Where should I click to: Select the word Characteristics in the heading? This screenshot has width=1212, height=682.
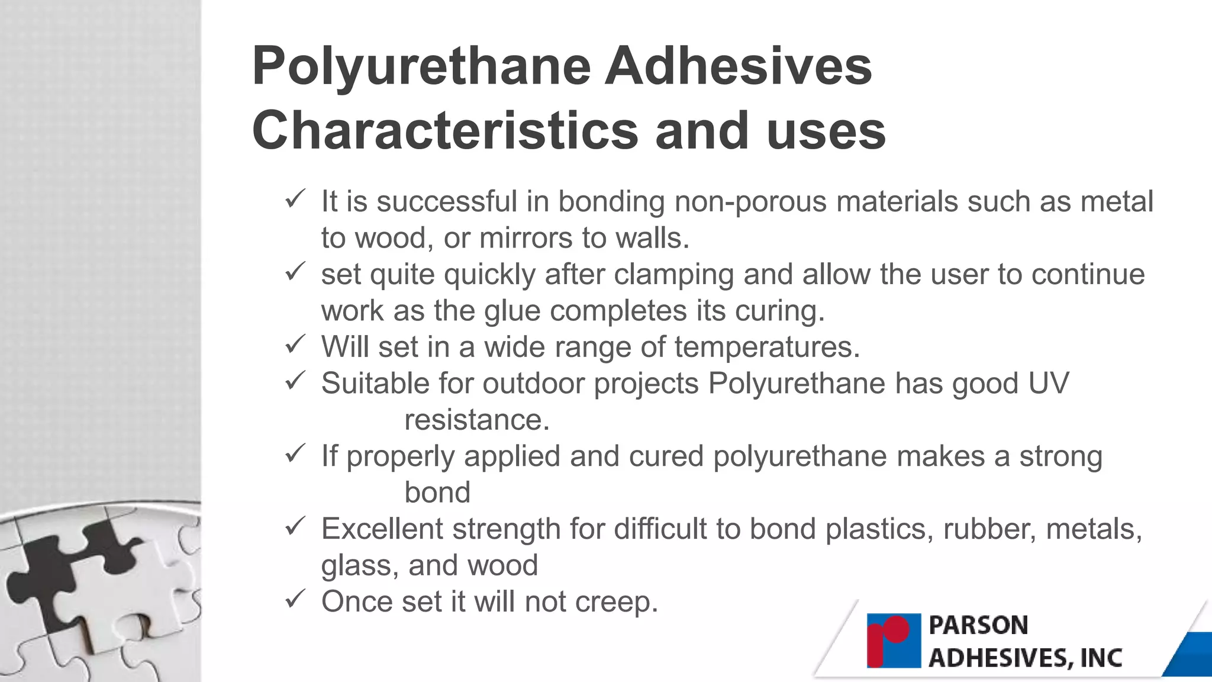pos(445,131)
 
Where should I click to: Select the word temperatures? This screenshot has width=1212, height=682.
pos(767,348)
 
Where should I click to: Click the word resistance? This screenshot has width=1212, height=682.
pos(476,420)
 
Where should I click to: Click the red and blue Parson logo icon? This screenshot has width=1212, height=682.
pos(894,641)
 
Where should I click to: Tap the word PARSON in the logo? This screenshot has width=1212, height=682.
pos(978,626)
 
